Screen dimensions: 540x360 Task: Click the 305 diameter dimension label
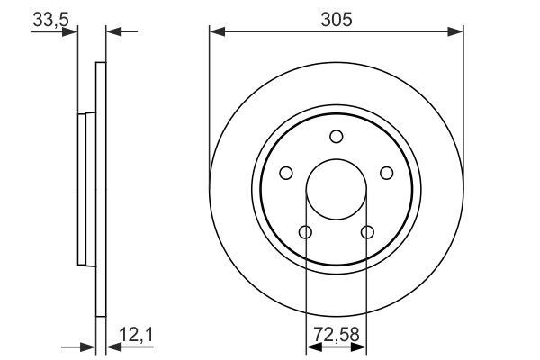pos(337,19)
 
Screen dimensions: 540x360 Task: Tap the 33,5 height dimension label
pos(50,20)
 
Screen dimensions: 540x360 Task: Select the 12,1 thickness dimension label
pos(136,335)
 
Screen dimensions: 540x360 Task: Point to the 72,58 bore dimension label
pos(336,335)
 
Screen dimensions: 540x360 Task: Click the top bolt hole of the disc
pos(336,137)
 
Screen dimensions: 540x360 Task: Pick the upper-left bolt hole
pos(286,173)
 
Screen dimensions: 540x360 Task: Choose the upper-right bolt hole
pos(386,173)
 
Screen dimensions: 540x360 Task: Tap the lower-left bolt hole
pos(305,232)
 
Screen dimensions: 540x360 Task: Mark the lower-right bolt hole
pos(367,232)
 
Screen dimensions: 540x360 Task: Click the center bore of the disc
pos(336,189)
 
